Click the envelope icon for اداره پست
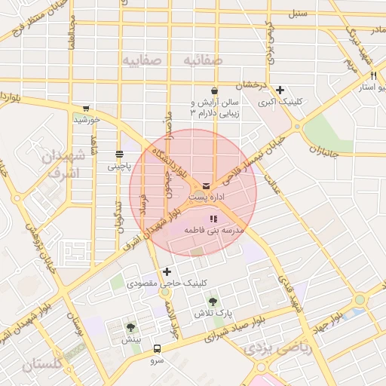click(x=207, y=185)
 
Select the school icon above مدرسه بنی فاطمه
click(x=213, y=219)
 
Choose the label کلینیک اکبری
click(x=280, y=101)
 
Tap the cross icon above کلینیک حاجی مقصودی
click(x=167, y=271)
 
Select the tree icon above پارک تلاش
click(x=213, y=301)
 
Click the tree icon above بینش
click(x=131, y=327)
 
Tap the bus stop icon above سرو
click(x=157, y=348)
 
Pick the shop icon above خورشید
click(x=86, y=108)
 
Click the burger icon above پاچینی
click(x=119, y=154)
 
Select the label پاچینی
click(x=118, y=165)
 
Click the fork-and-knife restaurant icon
click(x=372, y=76)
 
